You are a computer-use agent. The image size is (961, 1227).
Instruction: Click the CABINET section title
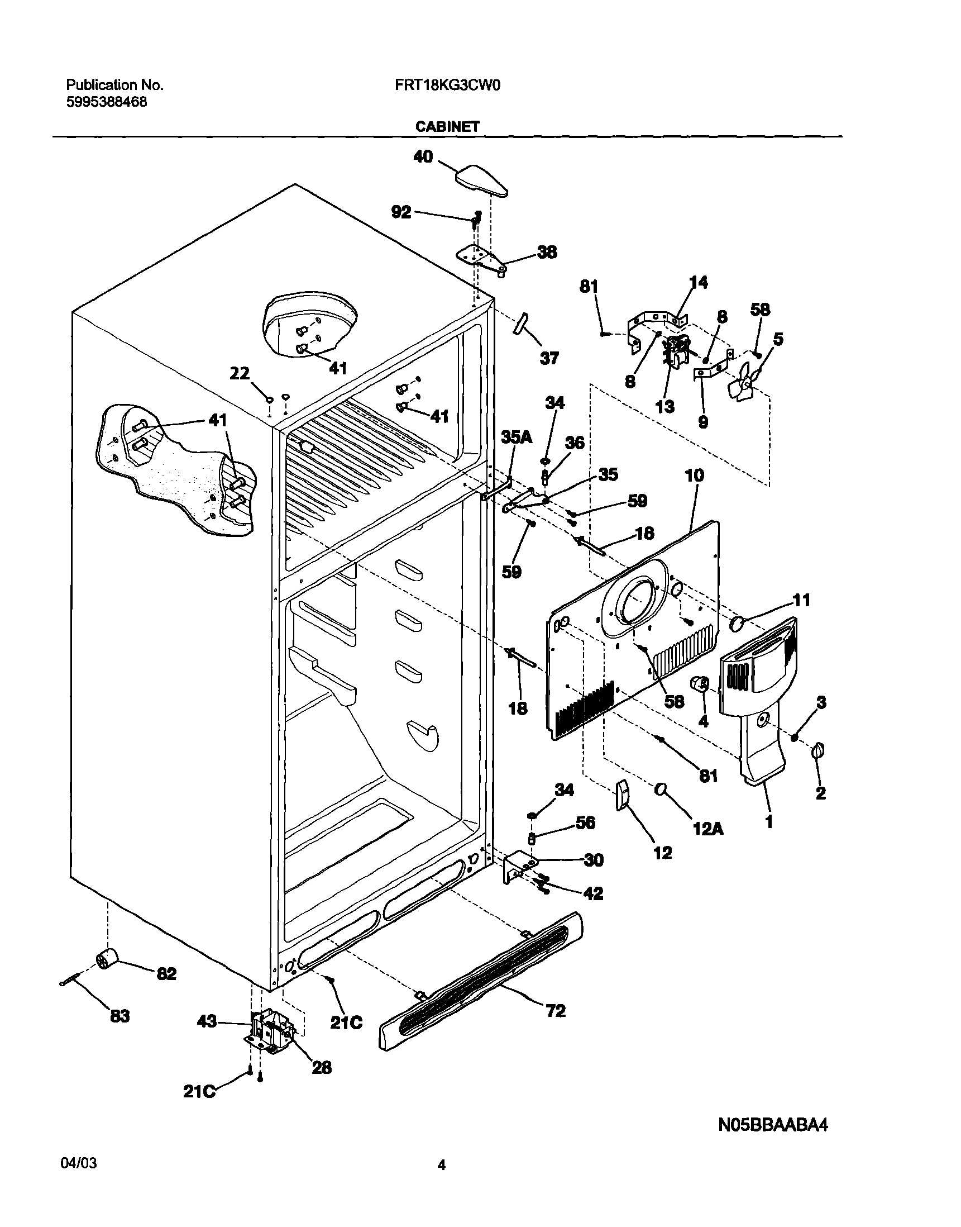(x=447, y=127)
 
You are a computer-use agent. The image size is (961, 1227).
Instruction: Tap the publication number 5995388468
(x=106, y=102)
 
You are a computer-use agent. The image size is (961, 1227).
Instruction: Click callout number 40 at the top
(x=423, y=156)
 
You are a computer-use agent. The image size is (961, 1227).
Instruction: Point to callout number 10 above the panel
(x=694, y=475)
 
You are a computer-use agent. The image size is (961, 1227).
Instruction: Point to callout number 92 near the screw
(x=401, y=212)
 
